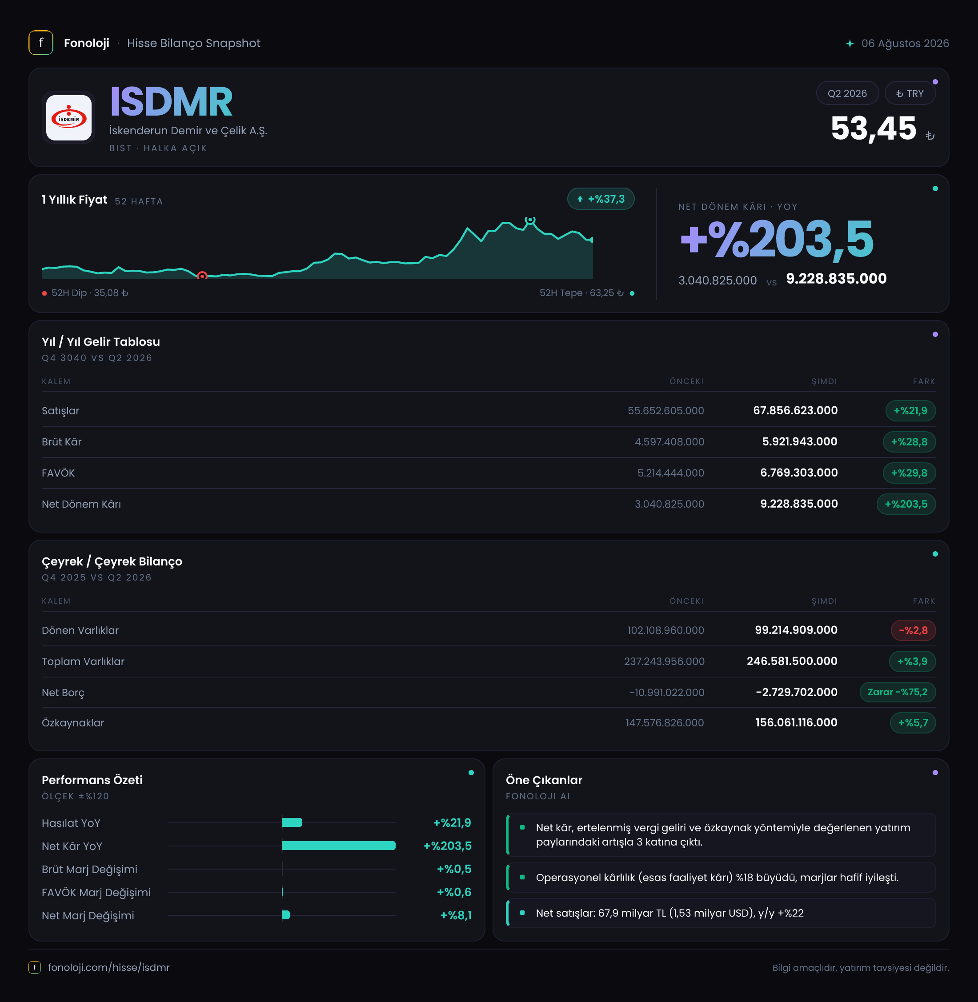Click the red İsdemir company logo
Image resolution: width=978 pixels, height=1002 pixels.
tap(69, 118)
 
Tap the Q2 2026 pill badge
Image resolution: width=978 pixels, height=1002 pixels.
tap(847, 93)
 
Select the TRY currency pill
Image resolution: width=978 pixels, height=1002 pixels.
tap(910, 93)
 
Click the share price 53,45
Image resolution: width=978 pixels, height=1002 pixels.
tap(873, 128)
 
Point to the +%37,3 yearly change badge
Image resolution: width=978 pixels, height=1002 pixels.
tap(601, 199)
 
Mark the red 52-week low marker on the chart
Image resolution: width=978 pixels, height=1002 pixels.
tap(202, 276)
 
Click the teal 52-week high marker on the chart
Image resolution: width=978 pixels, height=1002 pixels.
tap(530, 220)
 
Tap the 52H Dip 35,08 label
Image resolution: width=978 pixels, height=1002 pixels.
tap(90, 293)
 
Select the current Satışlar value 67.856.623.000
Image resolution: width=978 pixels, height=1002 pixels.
tap(795, 410)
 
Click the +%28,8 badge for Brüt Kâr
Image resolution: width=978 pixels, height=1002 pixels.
tap(909, 442)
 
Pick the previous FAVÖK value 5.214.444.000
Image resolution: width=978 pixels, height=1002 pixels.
tap(670, 473)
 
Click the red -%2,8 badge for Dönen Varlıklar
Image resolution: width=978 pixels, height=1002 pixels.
tap(913, 630)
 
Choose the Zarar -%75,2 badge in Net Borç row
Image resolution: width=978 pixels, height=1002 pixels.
tap(898, 692)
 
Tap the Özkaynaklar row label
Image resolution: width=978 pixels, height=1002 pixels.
tap(73, 723)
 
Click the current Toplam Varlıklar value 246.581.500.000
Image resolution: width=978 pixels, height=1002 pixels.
tap(792, 661)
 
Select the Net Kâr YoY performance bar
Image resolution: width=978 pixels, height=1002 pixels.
tap(338, 846)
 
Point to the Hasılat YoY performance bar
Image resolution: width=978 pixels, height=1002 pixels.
tap(292, 822)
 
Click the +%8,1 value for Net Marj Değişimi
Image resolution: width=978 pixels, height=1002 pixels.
tap(456, 915)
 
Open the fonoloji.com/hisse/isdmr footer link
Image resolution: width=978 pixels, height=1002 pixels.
tap(108, 967)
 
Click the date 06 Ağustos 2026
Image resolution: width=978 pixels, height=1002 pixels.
tap(905, 43)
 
